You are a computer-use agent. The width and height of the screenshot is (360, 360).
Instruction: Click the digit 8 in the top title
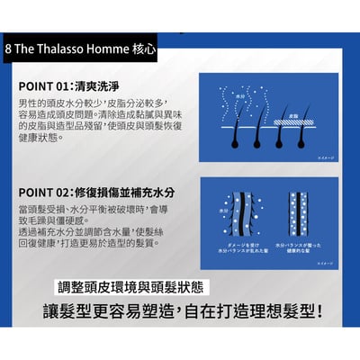(x=9, y=46)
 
